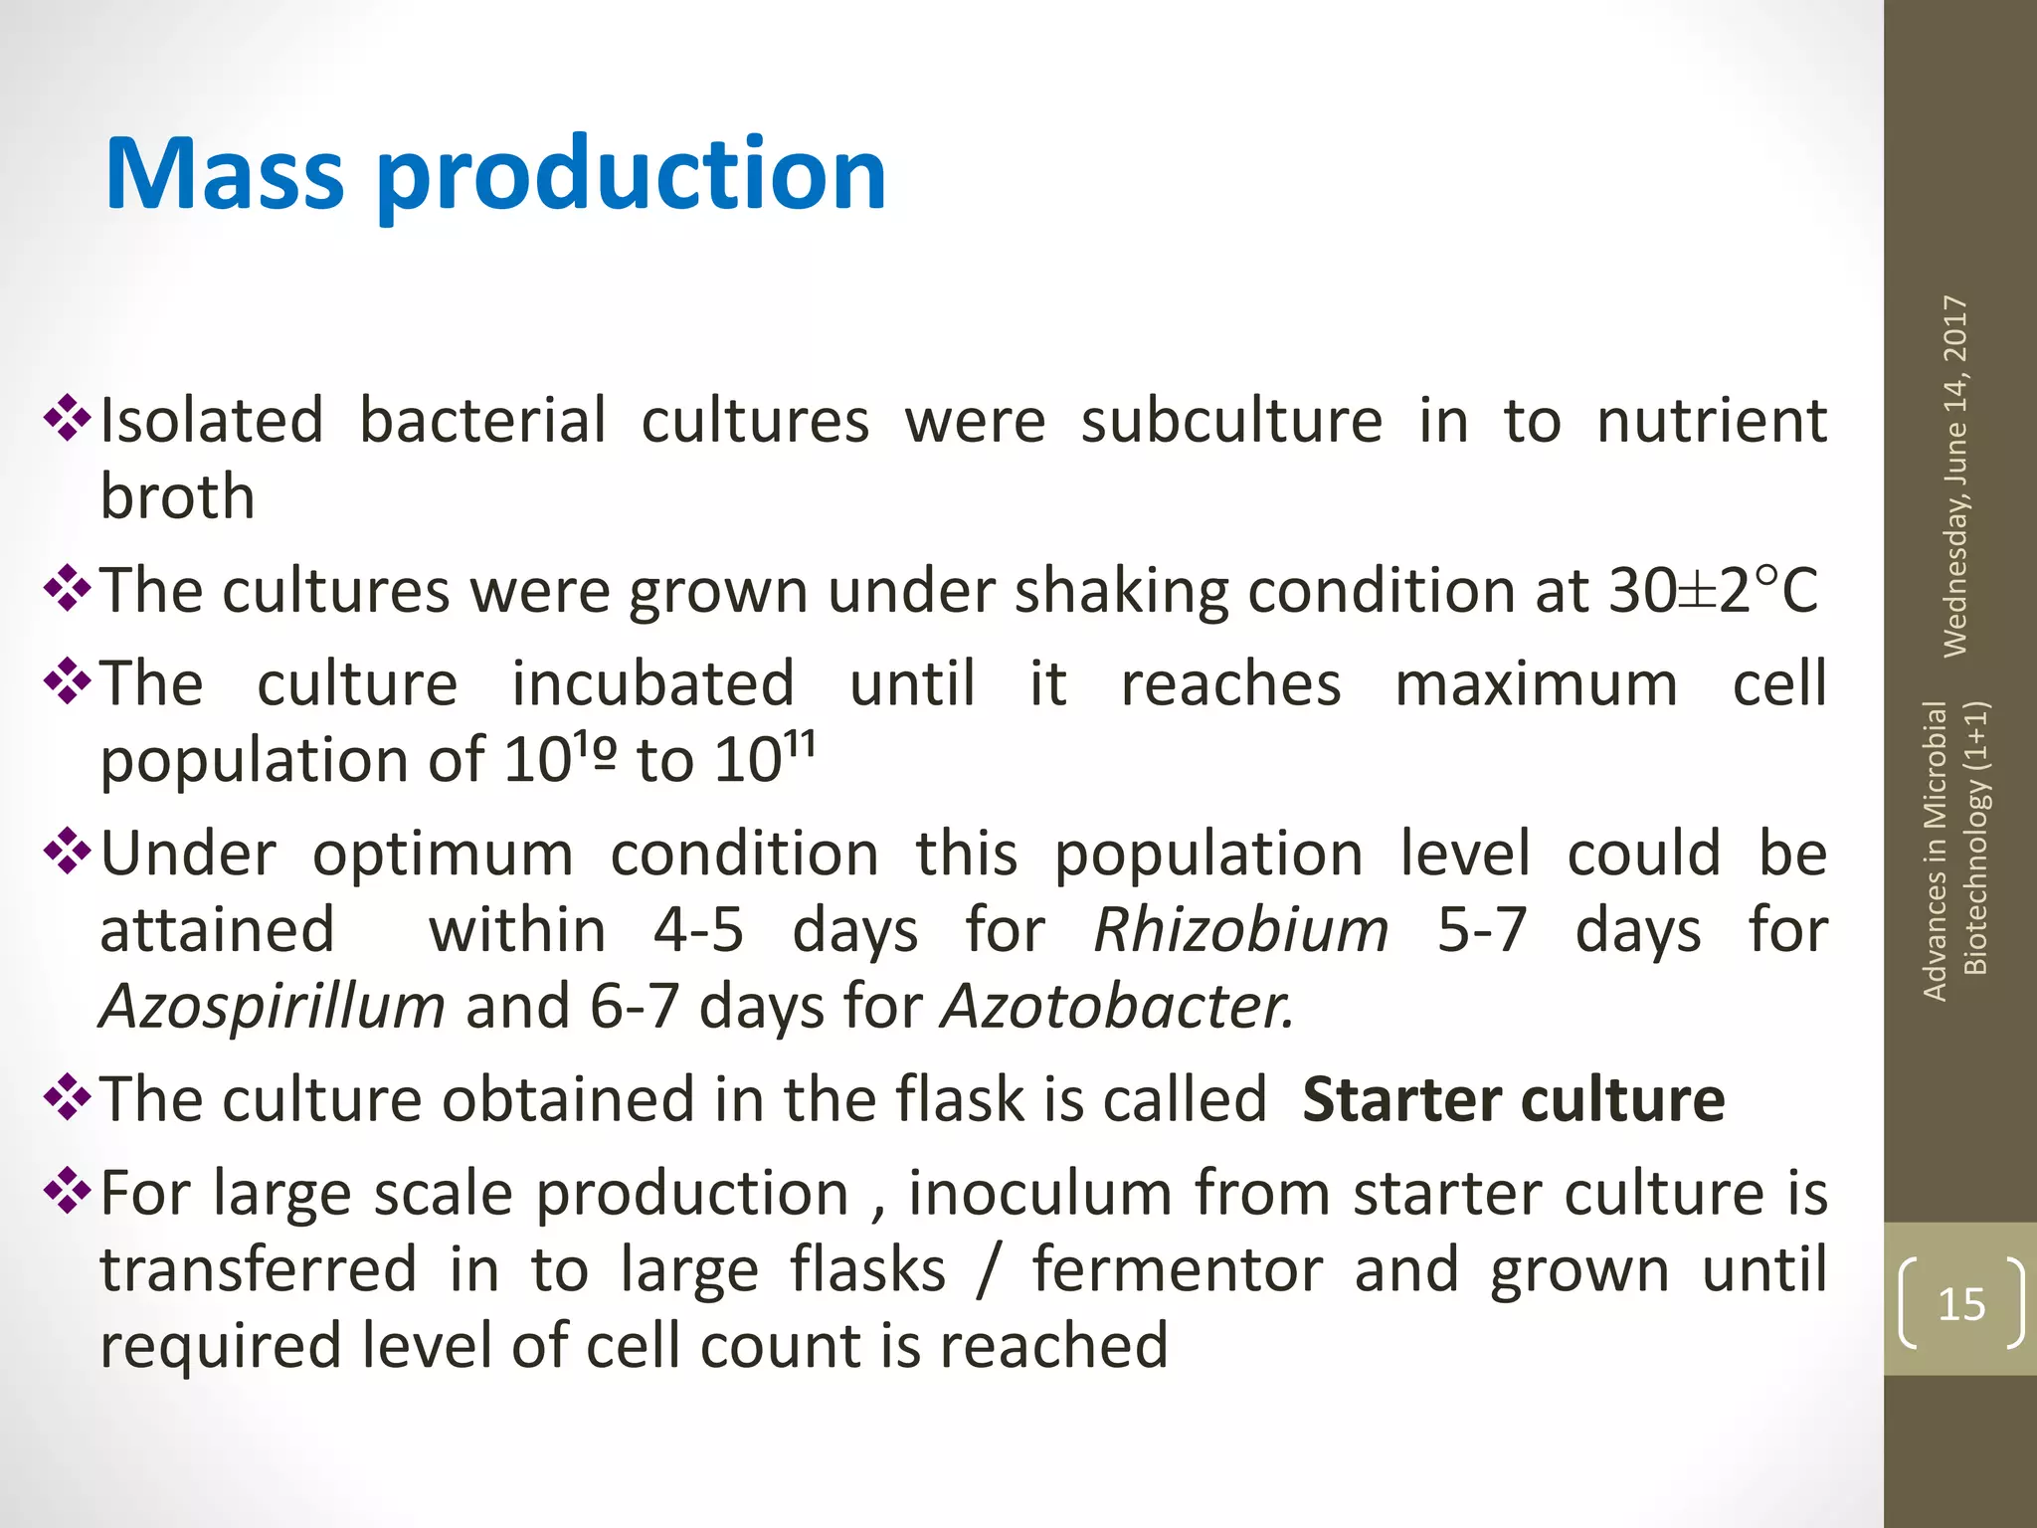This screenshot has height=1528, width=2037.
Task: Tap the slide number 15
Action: coord(1960,1303)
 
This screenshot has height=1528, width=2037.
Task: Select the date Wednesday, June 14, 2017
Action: coord(1955,476)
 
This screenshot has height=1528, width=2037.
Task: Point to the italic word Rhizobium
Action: coord(1240,930)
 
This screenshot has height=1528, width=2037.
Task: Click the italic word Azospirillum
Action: coord(273,1006)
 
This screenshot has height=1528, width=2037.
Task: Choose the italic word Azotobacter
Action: coord(1117,1006)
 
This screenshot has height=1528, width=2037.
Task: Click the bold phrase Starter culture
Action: coord(1513,1099)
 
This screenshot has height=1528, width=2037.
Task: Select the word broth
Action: coord(178,495)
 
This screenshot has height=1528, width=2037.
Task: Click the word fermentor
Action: coord(1178,1269)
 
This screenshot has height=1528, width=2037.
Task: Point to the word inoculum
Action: coord(1039,1193)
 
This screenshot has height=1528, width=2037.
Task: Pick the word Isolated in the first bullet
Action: coord(212,420)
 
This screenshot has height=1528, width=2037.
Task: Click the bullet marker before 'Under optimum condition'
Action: coord(67,852)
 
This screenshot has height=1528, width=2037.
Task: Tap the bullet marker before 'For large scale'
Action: coord(67,1190)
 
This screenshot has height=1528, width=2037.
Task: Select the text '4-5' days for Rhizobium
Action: coord(698,930)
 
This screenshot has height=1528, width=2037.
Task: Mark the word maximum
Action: coord(1536,684)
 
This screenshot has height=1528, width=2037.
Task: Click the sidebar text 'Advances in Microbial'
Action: coord(1935,851)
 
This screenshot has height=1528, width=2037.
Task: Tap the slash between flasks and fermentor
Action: coord(988,1270)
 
